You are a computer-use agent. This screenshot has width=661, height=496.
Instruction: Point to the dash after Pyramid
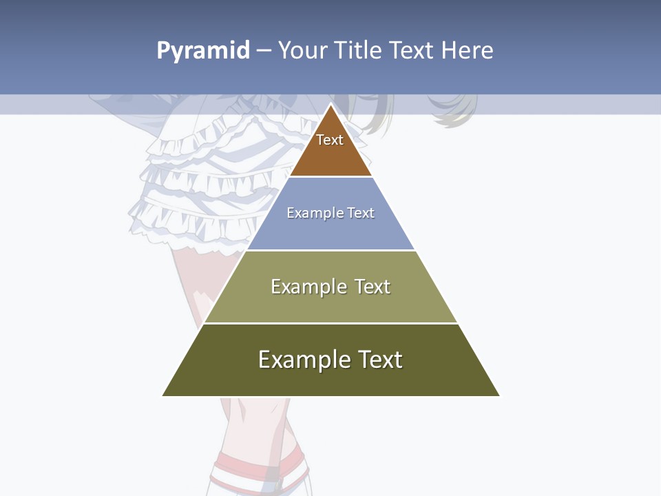pyautogui.click(x=264, y=51)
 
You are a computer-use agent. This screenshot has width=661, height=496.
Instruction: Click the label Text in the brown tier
pyautogui.click(x=330, y=140)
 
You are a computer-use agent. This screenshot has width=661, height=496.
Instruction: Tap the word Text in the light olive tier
pyautogui.click(x=373, y=287)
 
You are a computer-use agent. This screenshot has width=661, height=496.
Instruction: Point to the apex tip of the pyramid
pyautogui.click(x=331, y=105)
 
